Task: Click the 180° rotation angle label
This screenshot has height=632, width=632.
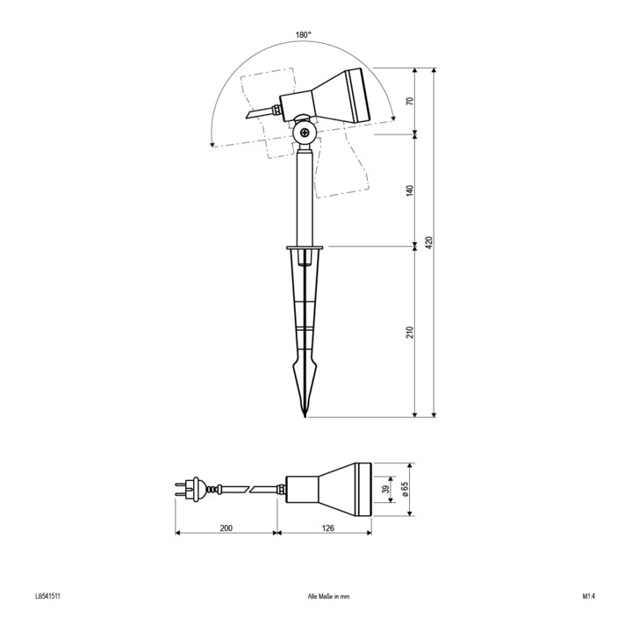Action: (304, 34)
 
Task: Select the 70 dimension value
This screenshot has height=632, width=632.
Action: (410, 101)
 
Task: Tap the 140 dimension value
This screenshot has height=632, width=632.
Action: (410, 190)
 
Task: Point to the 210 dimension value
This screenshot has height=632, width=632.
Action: (410, 332)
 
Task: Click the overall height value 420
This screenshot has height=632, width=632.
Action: (429, 242)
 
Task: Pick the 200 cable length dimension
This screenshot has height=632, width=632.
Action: (226, 528)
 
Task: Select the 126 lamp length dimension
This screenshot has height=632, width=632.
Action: (328, 528)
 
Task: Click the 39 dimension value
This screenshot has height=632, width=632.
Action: (386, 489)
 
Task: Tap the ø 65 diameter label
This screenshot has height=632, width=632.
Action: (405, 490)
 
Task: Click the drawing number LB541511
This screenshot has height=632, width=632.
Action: (48, 596)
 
